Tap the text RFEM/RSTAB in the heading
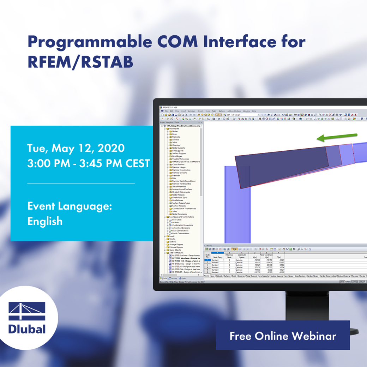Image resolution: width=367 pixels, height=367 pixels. pyautogui.click(x=80, y=61)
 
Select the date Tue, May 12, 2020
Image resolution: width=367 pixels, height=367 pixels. pyautogui.click(x=76, y=148)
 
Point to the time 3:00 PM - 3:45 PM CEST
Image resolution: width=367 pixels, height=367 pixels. pyautogui.click(x=89, y=164)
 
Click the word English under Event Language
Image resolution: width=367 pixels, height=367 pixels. pyautogui.click(x=45, y=221)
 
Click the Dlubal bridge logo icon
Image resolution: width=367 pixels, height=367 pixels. pyautogui.click(x=27, y=311)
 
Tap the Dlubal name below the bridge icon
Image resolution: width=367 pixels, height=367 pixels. pyautogui.click(x=27, y=329)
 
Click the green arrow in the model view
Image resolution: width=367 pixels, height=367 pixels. pyautogui.click(x=337, y=137)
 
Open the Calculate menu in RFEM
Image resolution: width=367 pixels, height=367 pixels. pyautogui.click(x=192, y=111)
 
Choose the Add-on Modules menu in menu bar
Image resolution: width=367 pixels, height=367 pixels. pyautogui.click(x=233, y=111)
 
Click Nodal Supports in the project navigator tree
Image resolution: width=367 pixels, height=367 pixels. pyautogui.click(x=178, y=148)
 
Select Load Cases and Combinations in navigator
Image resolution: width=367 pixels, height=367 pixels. pyautogui.click(x=181, y=217)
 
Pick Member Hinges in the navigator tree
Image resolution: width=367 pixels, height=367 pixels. pyautogui.click(x=178, y=167)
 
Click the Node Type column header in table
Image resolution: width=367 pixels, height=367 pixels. pyautogui.click(x=217, y=257)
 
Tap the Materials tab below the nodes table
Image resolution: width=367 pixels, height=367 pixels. pyautogui.click(x=219, y=276)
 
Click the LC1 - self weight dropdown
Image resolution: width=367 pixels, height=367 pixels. pyautogui.click(x=243, y=115)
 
